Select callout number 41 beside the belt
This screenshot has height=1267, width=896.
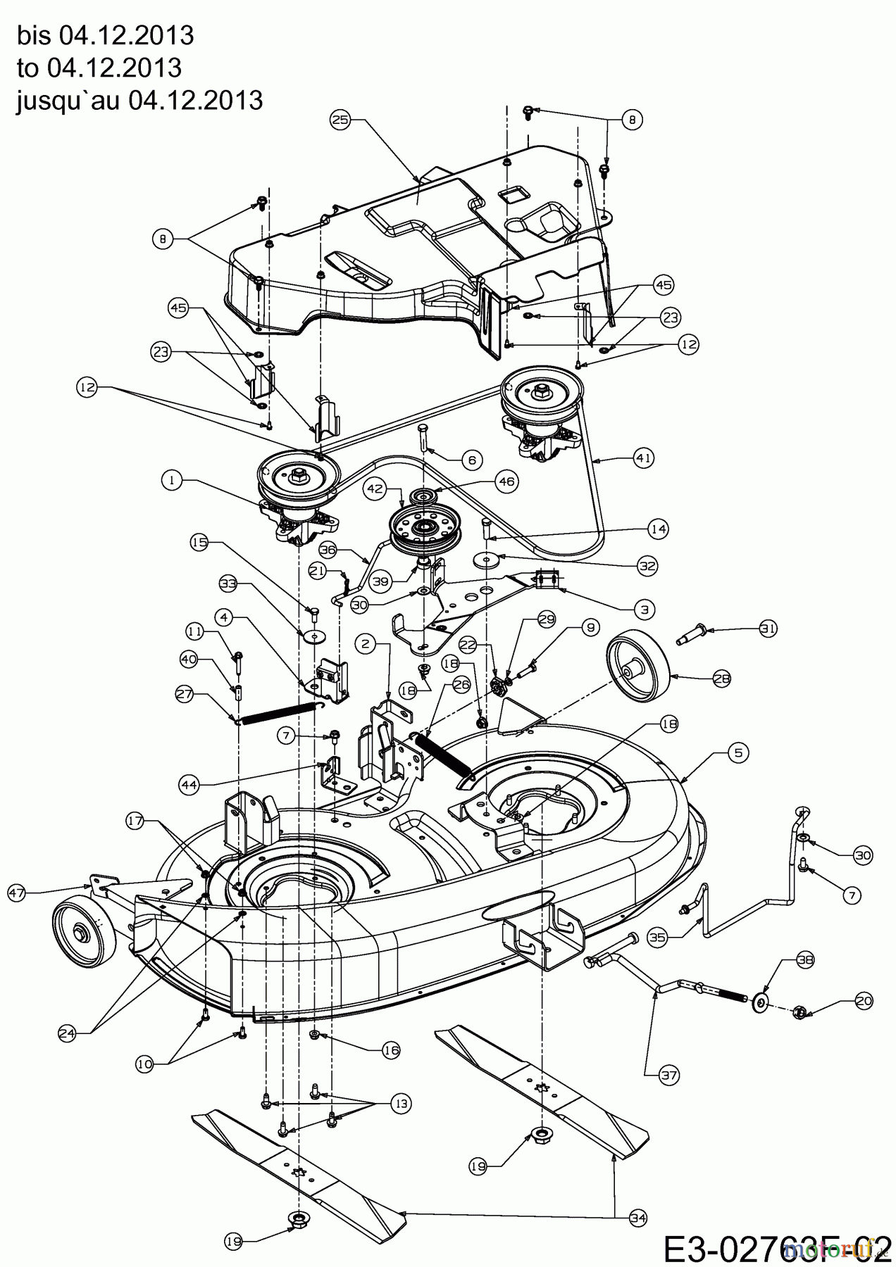(x=644, y=458)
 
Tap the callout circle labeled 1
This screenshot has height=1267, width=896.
(x=171, y=481)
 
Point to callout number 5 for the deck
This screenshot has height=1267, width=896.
(x=738, y=753)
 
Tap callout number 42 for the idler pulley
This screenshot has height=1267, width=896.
(x=374, y=487)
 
